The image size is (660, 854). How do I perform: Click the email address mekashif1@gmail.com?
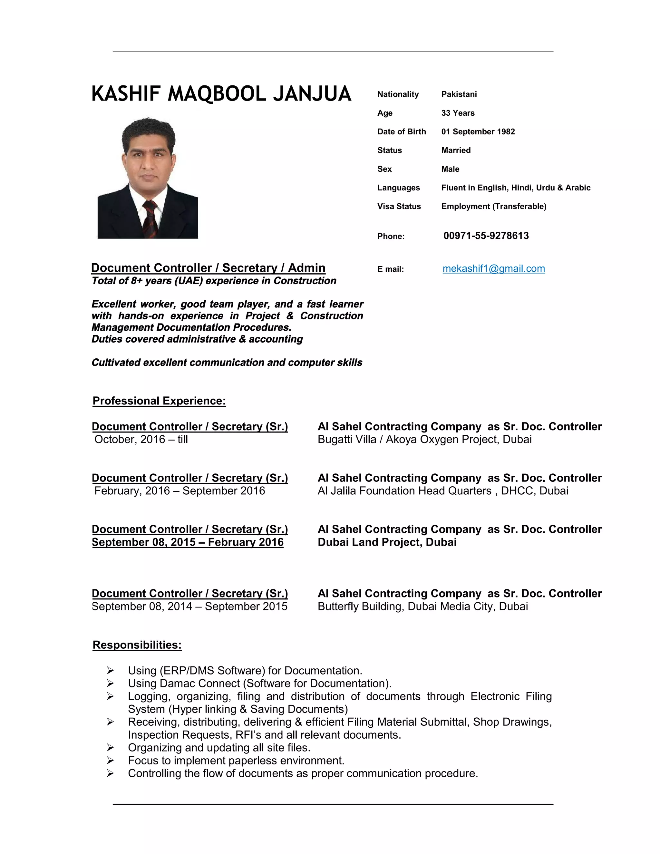(x=493, y=269)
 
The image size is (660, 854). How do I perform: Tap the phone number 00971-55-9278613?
(x=486, y=236)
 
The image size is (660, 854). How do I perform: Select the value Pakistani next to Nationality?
(x=459, y=94)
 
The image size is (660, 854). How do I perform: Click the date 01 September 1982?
(x=478, y=132)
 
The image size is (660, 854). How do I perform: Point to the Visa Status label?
(x=399, y=207)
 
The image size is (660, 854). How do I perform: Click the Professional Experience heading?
(x=159, y=401)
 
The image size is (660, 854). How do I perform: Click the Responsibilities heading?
(x=137, y=645)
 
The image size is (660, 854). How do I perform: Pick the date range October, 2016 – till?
(x=141, y=440)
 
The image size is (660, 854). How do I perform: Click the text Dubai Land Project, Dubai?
(x=387, y=542)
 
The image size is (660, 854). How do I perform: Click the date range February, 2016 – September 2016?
(x=180, y=491)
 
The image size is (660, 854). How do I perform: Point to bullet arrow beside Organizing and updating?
(x=110, y=748)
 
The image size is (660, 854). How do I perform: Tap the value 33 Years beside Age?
(x=458, y=113)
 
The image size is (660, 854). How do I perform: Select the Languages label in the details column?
(x=398, y=188)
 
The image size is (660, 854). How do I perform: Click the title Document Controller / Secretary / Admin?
(x=208, y=268)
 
